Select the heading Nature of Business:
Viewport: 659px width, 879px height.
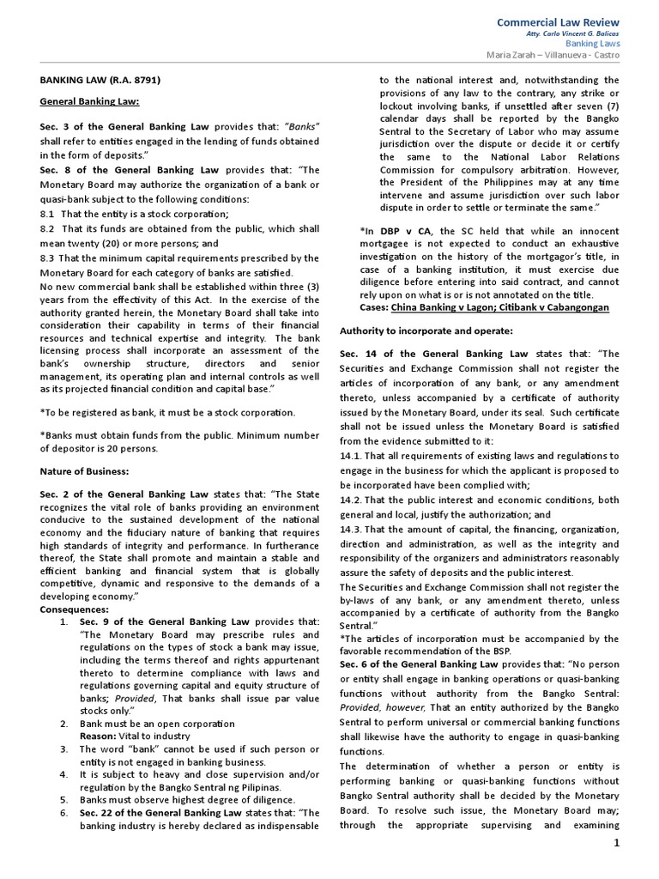(x=85, y=470)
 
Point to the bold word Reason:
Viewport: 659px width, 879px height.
(x=99, y=736)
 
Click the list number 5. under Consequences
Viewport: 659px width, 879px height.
(x=64, y=798)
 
